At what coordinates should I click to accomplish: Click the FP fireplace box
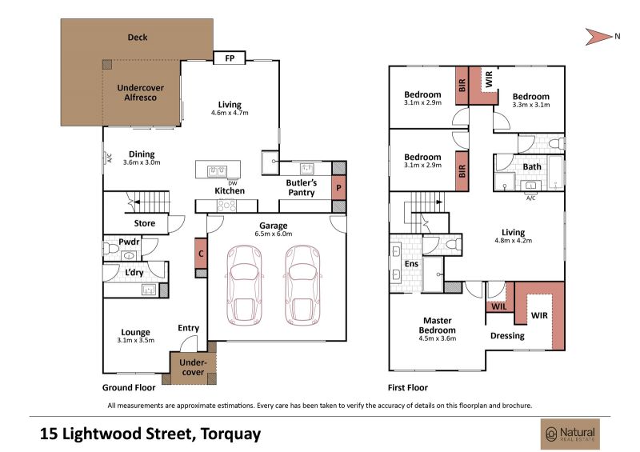point(230,58)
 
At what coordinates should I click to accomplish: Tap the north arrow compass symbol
point(598,37)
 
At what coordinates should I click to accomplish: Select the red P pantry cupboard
point(338,188)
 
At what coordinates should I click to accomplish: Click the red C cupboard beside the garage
point(201,254)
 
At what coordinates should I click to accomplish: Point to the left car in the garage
point(244,285)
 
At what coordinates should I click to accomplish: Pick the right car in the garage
point(302,285)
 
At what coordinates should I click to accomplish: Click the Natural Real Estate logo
point(570,434)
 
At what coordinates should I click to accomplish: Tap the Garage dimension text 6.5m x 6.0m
point(274,234)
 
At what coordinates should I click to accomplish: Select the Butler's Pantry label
point(302,187)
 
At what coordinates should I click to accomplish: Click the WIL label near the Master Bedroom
point(498,306)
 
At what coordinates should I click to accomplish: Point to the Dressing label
point(507,336)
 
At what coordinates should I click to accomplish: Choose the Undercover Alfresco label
point(141,93)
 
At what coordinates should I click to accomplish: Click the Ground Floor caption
point(129,387)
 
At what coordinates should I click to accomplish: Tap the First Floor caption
point(408,387)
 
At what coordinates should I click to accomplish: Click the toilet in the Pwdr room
point(110,247)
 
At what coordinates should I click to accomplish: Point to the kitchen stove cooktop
point(226,206)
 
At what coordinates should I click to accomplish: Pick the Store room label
point(145,223)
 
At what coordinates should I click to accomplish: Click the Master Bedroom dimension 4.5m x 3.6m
point(437,338)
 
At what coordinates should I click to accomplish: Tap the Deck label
point(138,37)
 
